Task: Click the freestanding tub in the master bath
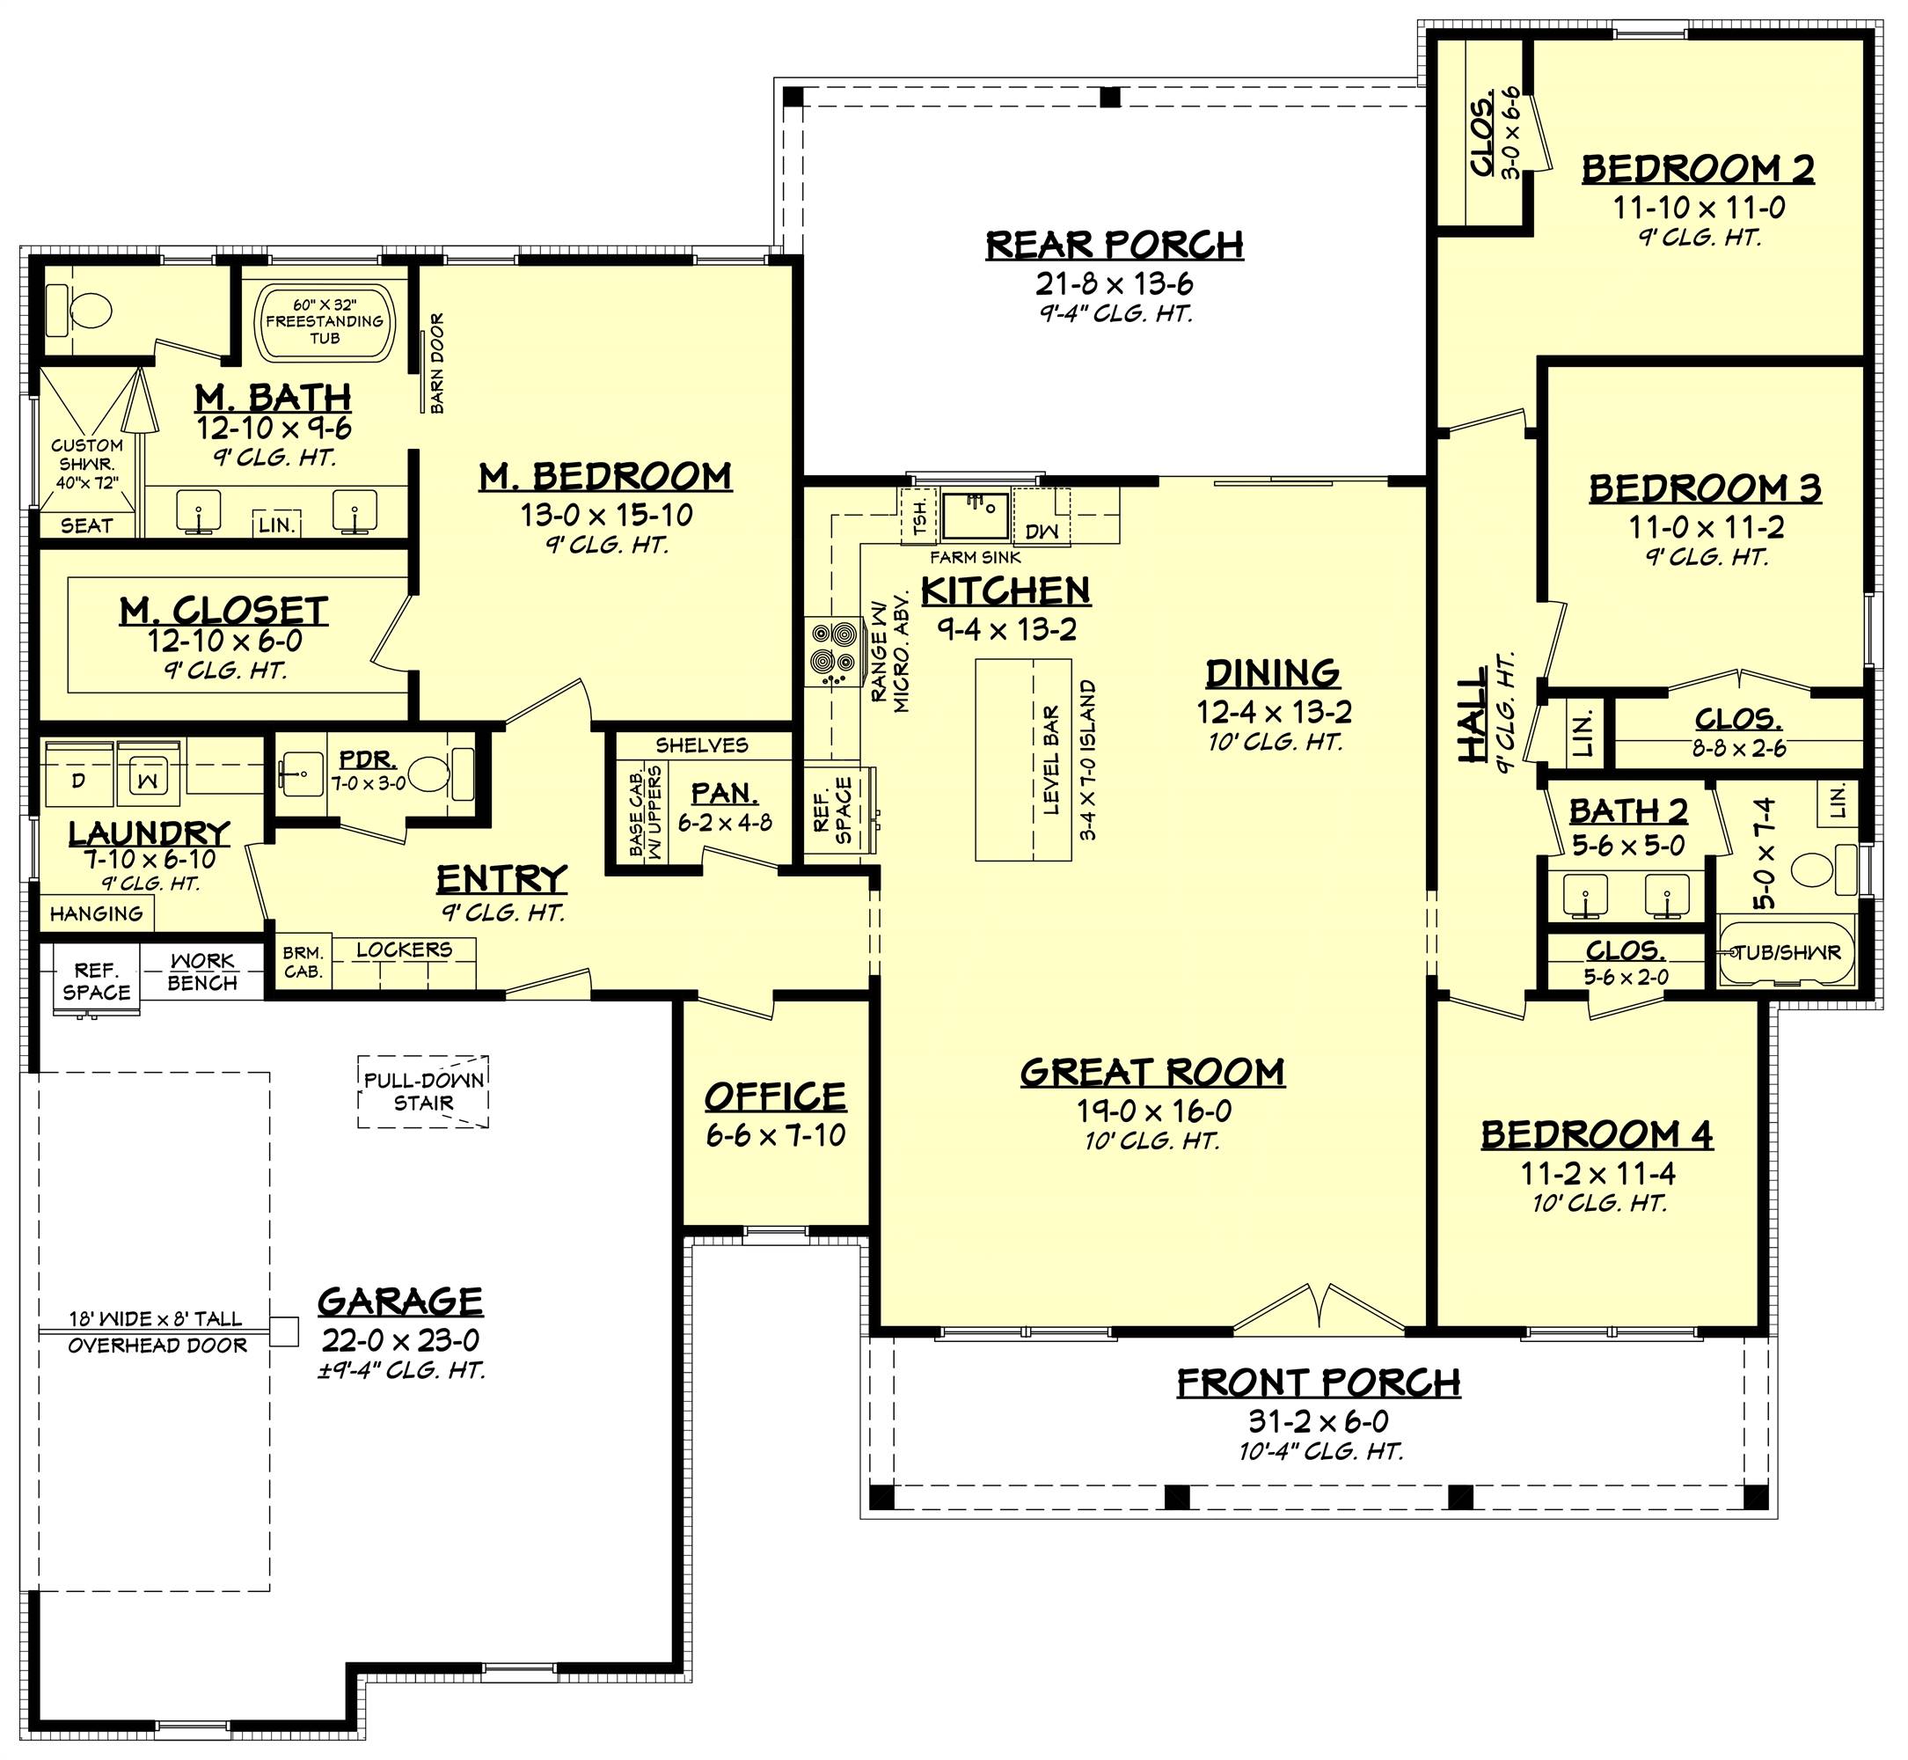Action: coord(324,322)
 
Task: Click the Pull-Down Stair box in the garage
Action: coord(424,1091)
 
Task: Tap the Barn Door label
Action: coord(437,363)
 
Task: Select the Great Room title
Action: coord(1152,1073)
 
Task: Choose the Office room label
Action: coord(775,1097)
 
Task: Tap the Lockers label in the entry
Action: coord(405,950)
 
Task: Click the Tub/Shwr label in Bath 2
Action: coord(1787,952)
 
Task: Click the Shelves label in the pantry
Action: coord(702,744)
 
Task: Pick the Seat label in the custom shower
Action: coord(86,525)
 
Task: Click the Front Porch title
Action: coord(1318,1382)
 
